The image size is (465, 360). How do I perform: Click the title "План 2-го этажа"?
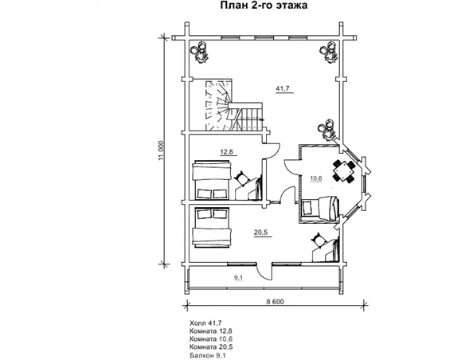pyautogui.click(x=264, y=6)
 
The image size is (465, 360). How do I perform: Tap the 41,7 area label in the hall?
pyautogui.click(x=283, y=88)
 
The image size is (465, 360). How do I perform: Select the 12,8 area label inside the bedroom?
pyautogui.click(x=226, y=152)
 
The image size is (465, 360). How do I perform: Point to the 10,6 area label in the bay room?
pyautogui.click(x=316, y=178)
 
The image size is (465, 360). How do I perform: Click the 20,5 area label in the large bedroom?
pyautogui.click(x=260, y=233)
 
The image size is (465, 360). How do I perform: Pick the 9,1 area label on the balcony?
pyautogui.click(x=238, y=278)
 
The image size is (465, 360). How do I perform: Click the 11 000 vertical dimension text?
pyautogui.click(x=161, y=151)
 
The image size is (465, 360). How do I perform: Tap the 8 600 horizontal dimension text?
pyautogui.click(x=275, y=302)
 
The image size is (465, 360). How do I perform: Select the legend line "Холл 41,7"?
pyautogui.click(x=205, y=323)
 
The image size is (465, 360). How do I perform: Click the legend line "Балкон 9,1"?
pyautogui.click(x=209, y=355)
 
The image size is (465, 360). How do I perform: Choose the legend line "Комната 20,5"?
pyautogui.click(x=211, y=347)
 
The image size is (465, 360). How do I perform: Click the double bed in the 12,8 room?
pyautogui.click(x=212, y=180)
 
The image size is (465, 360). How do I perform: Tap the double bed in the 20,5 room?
pyautogui.click(x=212, y=227)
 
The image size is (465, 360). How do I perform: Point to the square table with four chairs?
pyautogui.click(x=344, y=170)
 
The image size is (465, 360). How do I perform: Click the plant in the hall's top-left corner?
pyautogui.click(x=200, y=52)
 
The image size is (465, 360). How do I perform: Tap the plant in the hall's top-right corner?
pyautogui.click(x=329, y=52)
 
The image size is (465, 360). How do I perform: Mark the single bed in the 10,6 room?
pyautogui.click(x=320, y=208)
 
